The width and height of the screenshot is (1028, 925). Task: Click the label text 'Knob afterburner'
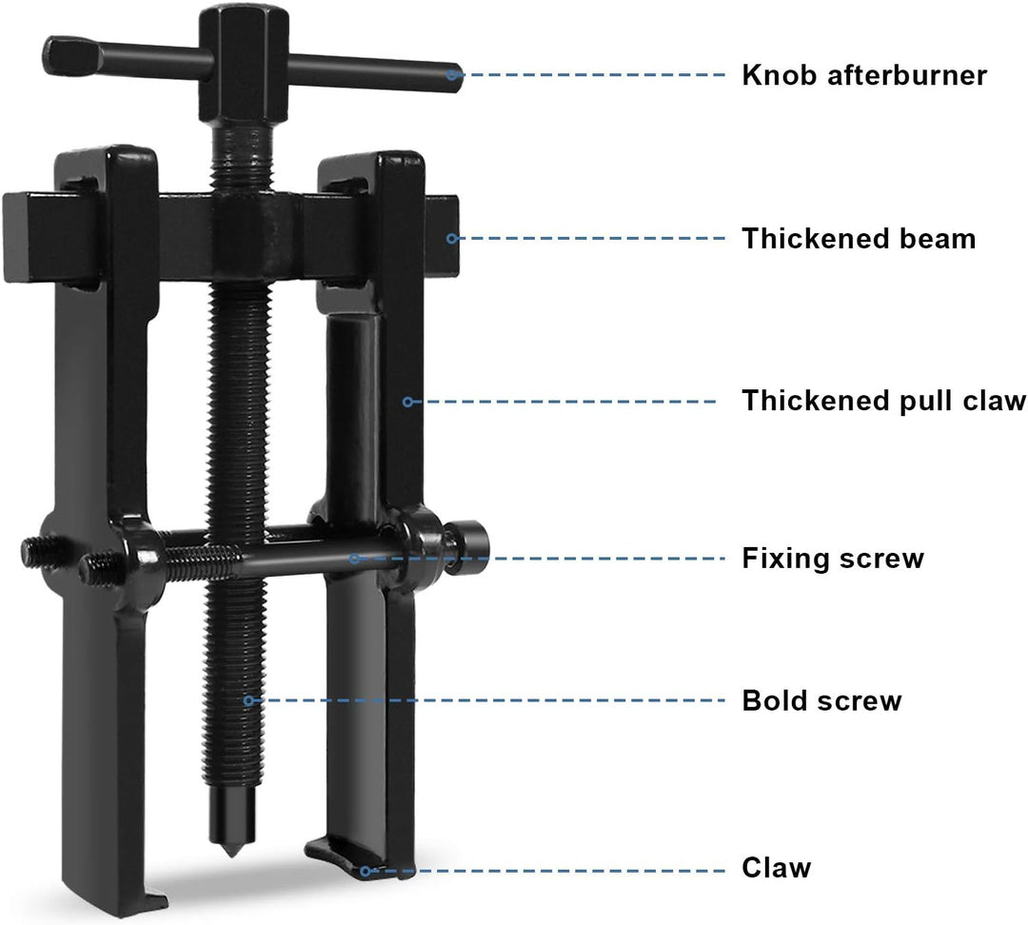tap(864, 75)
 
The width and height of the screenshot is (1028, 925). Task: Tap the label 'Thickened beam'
tap(859, 238)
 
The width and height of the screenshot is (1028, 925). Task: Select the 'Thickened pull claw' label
tap(883, 401)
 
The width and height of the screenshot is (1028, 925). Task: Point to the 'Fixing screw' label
tap(833, 558)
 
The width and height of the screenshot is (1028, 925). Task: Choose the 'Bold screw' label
tap(821, 700)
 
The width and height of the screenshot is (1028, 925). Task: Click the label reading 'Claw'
tap(777, 867)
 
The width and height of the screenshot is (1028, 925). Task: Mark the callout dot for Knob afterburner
tap(452, 75)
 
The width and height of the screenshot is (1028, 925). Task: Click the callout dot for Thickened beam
tap(452, 238)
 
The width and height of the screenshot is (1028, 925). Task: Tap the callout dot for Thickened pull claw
tap(407, 402)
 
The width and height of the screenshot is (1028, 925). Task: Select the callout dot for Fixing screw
tap(355, 559)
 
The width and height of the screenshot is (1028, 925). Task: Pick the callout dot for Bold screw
tap(248, 700)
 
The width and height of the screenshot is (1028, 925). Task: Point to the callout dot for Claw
tap(366, 872)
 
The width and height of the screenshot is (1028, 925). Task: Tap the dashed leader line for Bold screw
tap(486, 700)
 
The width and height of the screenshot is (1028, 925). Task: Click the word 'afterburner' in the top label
tap(907, 75)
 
